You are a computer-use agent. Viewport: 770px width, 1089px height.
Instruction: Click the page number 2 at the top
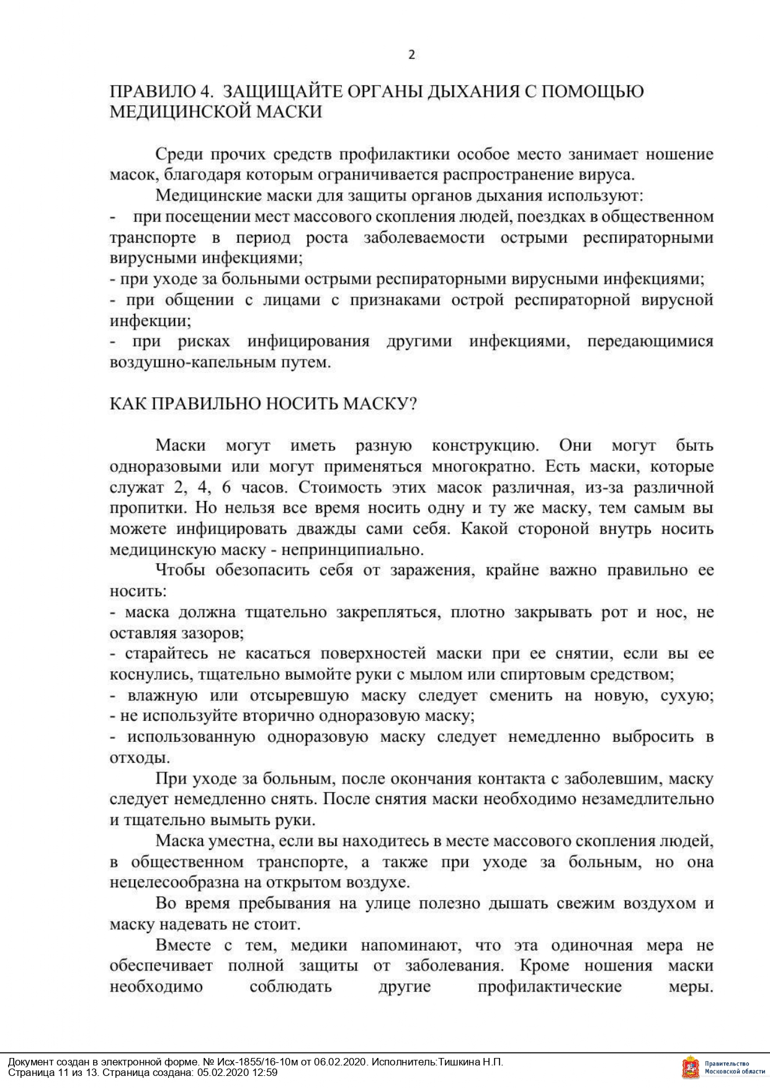pos(411,55)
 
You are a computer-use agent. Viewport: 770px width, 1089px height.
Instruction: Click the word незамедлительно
pos(648,799)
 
